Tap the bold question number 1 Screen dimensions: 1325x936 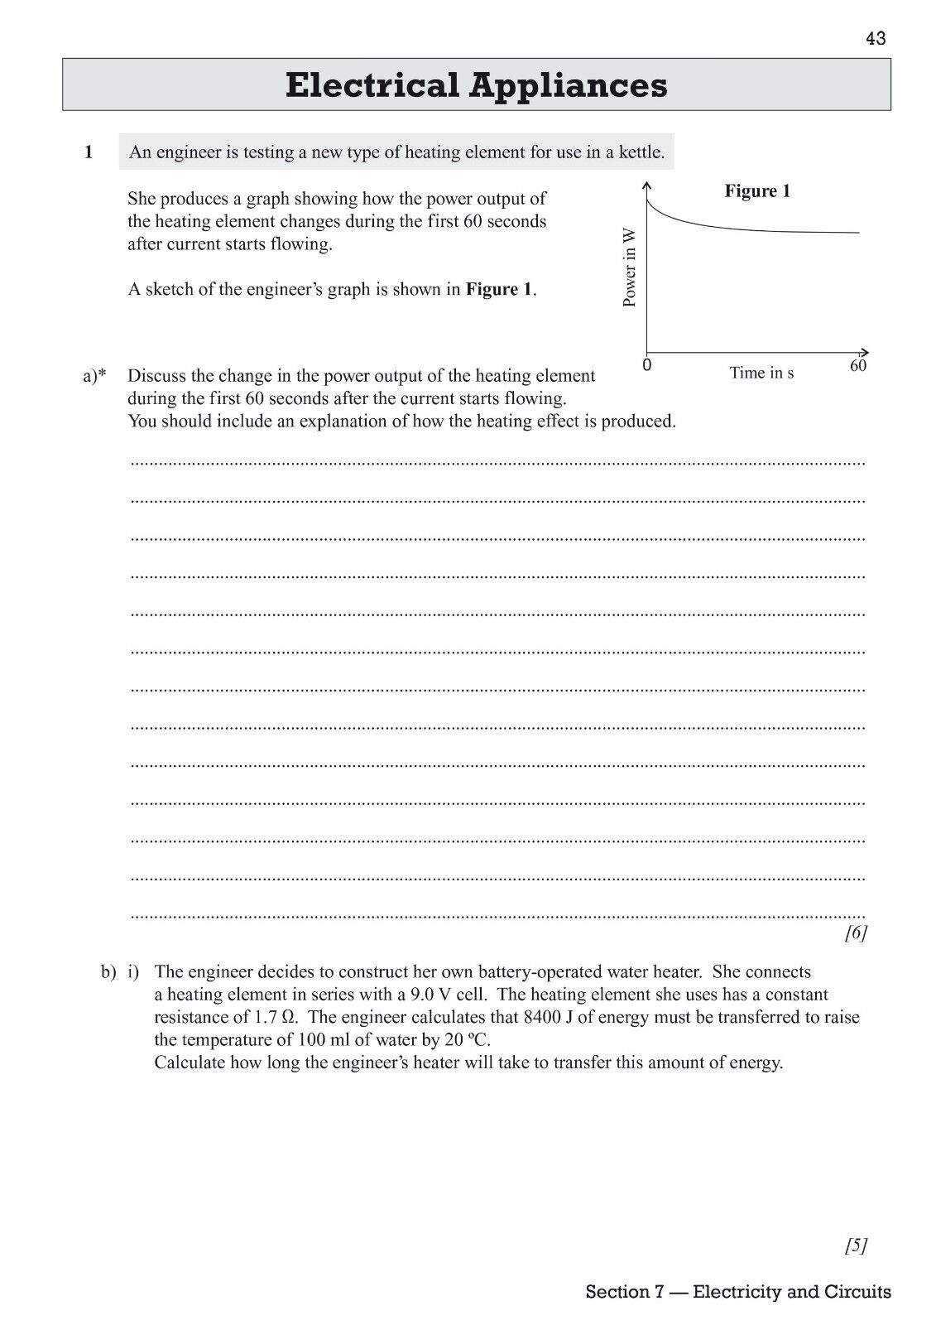pos(89,152)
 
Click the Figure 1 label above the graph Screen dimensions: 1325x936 pos(757,191)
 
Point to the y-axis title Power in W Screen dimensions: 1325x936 pos(630,268)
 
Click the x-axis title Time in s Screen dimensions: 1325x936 pos(761,373)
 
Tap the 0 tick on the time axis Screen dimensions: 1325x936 pos(646,365)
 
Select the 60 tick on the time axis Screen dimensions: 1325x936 pos(858,365)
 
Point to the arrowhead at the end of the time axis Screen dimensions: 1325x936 pos(866,351)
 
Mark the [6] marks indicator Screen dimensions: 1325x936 pos(856,933)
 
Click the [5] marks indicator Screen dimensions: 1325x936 pos(856,1245)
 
